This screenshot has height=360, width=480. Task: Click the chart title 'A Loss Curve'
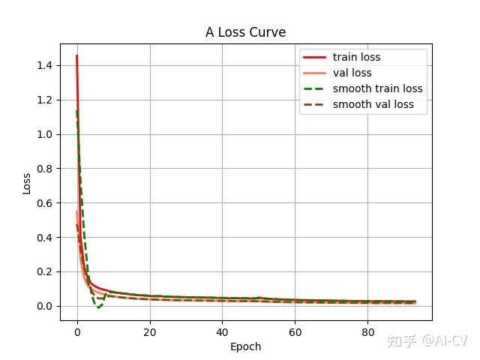[x=245, y=32]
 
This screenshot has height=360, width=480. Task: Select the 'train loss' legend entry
[x=356, y=58]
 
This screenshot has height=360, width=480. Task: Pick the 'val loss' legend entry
[x=352, y=73]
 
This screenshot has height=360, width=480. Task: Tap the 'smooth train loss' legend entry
[x=377, y=89]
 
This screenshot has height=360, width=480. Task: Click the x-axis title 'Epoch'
[x=245, y=346]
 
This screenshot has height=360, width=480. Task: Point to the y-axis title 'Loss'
[x=27, y=183]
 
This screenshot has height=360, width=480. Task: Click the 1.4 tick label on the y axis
[x=44, y=66]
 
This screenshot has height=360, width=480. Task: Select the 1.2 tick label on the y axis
[x=44, y=100]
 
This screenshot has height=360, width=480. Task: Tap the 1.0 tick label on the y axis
[x=44, y=135]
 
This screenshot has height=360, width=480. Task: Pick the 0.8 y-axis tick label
[x=44, y=169]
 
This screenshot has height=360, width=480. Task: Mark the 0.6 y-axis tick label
[x=44, y=203]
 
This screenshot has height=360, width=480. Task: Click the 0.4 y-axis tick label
[x=44, y=238]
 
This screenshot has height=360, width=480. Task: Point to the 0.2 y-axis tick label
[x=44, y=272]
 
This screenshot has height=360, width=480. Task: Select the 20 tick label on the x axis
[x=150, y=332]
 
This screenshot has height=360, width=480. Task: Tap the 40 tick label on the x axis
[x=223, y=332]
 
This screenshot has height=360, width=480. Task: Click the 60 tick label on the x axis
[x=295, y=332]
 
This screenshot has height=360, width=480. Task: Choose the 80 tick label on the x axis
[x=368, y=332]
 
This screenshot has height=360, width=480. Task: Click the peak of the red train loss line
[x=76, y=55]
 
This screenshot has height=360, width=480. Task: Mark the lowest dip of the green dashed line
[x=98, y=307]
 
